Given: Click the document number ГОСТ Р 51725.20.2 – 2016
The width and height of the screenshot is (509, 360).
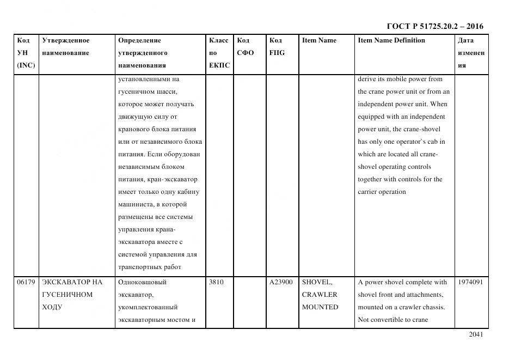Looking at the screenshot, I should (x=434, y=26).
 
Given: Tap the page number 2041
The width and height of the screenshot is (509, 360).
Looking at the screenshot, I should (x=475, y=334).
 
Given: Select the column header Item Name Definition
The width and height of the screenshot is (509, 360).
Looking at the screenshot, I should (x=391, y=40).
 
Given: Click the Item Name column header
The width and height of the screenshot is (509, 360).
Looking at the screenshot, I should (x=319, y=40).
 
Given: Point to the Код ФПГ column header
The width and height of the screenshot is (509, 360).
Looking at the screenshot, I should (x=277, y=47).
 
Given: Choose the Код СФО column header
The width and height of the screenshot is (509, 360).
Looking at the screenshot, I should (x=246, y=47).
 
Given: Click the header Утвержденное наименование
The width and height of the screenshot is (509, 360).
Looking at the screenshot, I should (x=66, y=47).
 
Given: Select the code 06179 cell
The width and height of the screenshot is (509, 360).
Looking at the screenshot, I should (x=26, y=282).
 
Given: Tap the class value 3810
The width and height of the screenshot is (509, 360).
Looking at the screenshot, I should (x=217, y=282).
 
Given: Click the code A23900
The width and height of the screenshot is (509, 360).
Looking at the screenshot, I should (x=281, y=282).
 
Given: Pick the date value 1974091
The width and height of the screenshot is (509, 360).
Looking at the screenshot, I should (x=470, y=282).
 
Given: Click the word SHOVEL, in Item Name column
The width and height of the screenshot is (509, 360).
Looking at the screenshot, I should (x=317, y=282).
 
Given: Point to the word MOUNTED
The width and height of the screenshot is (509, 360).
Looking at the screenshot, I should (x=320, y=307).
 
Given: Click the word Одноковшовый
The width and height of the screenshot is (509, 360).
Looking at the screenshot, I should (x=142, y=282).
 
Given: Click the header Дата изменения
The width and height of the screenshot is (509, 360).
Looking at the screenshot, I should (x=470, y=53).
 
